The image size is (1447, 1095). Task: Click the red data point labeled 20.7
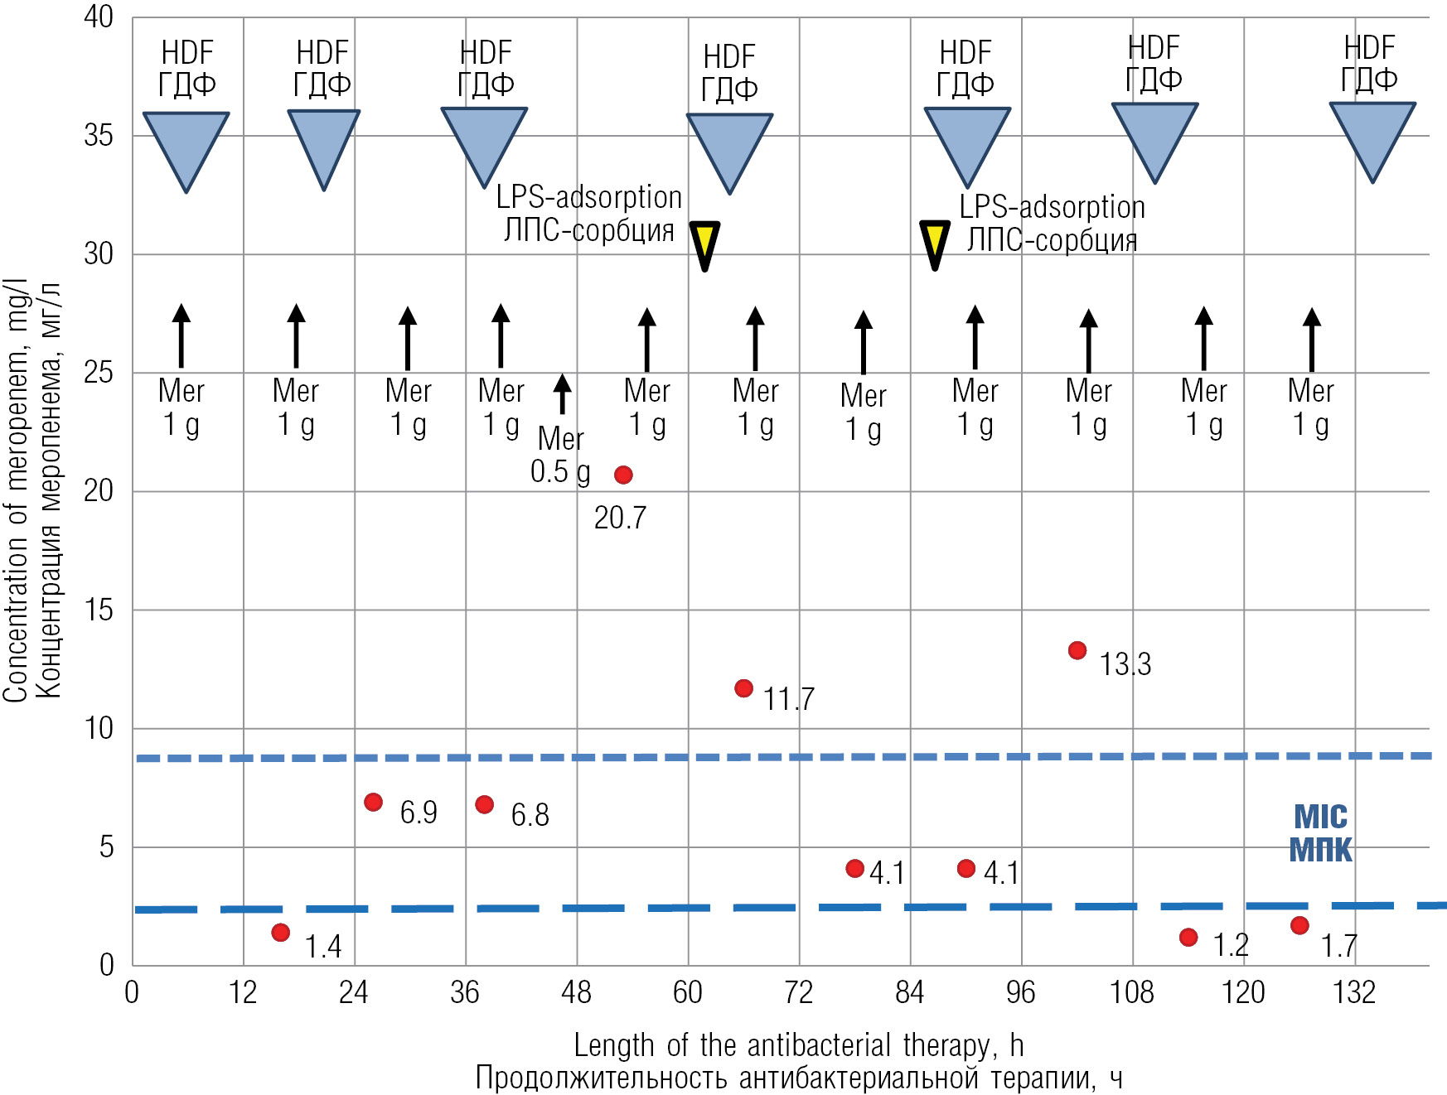(x=623, y=475)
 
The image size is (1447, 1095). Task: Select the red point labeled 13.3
(x=1077, y=650)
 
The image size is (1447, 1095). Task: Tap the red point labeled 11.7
(x=744, y=688)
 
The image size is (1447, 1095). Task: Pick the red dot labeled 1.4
(x=281, y=933)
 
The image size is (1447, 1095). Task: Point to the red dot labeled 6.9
(x=374, y=802)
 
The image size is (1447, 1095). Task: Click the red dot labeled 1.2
(x=1188, y=937)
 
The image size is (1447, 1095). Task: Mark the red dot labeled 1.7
(x=1299, y=925)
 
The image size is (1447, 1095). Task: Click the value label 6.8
(x=530, y=815)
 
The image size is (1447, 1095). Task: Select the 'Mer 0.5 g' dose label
(x=560, y=455)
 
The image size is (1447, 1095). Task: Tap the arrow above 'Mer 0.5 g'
(x=563, y=393)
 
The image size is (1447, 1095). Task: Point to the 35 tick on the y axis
(x=99, y=136)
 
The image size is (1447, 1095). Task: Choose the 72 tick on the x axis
(x=799, y=992)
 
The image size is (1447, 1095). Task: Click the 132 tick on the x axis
(x=1354, y=992)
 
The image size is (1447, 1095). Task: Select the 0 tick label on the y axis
(x=107, y=965)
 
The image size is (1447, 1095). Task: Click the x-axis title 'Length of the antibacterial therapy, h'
(x=799, y=1045)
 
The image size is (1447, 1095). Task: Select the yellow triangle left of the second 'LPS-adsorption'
(x=935, y=243)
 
